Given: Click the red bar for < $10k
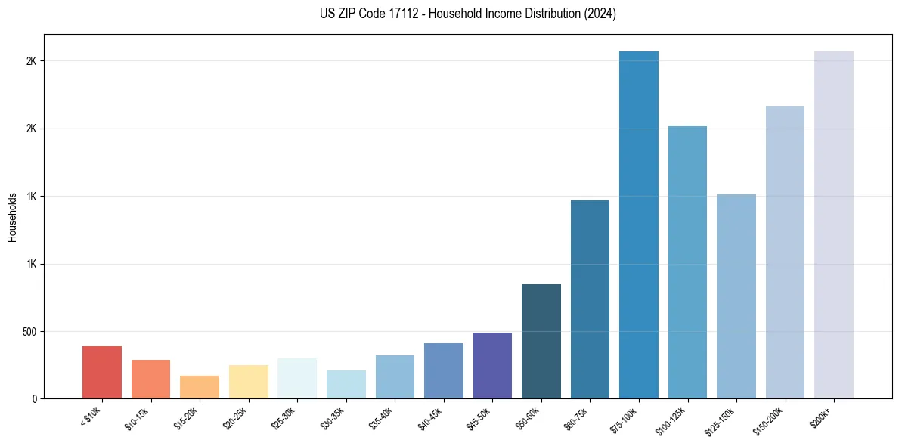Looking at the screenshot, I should tap(102, 372).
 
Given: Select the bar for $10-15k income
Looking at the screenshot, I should tap(150, 379).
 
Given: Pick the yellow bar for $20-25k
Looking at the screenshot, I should tap(248, 382).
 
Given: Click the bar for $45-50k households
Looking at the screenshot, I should tap(492, 365).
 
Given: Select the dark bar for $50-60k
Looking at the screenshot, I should tap(541, 341).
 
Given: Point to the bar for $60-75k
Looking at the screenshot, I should tap(590, 299).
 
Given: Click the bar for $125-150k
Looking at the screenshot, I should tap(736, 296).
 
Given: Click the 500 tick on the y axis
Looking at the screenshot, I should tap(29, 332).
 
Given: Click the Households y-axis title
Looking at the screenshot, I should tap(13, 217).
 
